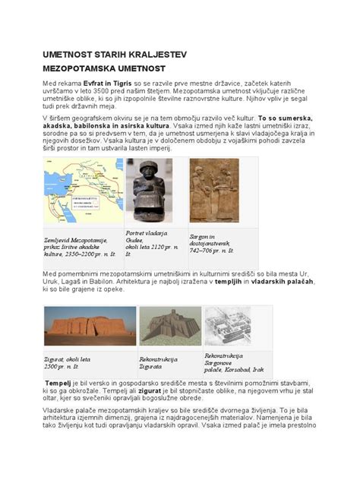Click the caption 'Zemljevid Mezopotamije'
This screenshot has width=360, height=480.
coord(75,239)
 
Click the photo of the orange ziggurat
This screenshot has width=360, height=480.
coord(90,325)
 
